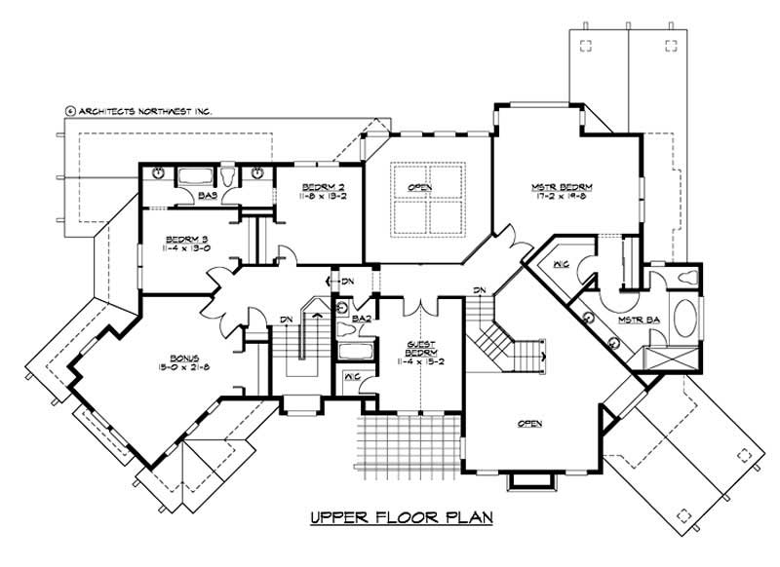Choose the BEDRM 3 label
pos(183,239)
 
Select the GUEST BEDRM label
pos(420,349)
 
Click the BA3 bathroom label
pos(207,196)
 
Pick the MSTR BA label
pos(636,321)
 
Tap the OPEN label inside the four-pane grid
pos(420,186)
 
